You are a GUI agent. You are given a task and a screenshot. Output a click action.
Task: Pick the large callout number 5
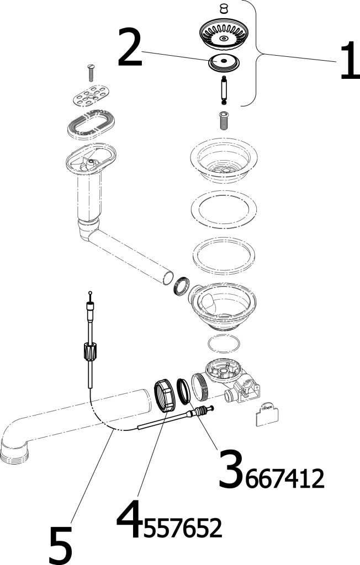tap(60, 545)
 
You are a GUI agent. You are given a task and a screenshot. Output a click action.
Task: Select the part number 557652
tap(182, 529)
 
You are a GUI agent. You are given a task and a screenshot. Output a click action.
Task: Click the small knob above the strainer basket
tap(224, 9)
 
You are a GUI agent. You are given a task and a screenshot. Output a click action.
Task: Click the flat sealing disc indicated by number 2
tap(224, 61)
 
